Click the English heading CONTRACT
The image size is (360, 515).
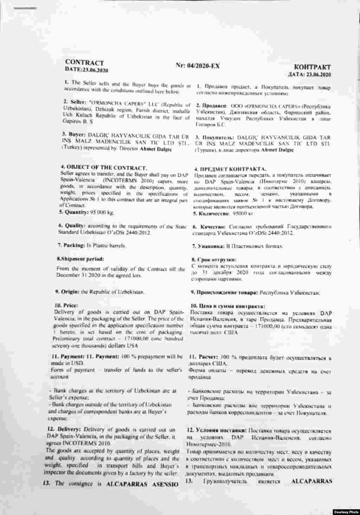(84, 63)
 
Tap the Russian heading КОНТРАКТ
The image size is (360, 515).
(312, 67)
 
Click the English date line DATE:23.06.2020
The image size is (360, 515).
(86, 70)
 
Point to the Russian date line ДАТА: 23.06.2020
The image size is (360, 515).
(309, 74)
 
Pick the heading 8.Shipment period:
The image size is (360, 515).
(81, 259)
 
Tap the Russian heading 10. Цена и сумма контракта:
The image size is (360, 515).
(227, 306)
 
